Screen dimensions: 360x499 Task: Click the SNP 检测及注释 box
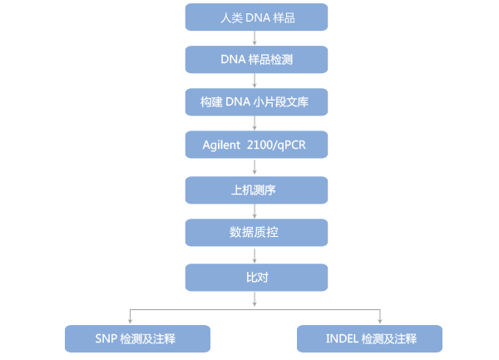[136, 338]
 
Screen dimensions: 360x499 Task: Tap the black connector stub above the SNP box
[130, 317]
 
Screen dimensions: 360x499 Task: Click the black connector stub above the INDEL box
[380, 317]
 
